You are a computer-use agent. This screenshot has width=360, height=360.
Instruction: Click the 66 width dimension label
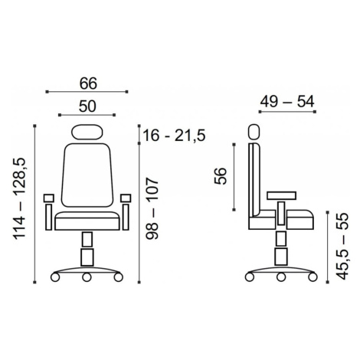(88, 83)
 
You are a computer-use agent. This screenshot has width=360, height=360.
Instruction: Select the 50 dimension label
(87, 106)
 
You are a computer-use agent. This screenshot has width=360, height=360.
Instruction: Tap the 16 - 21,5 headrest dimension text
(174, 135)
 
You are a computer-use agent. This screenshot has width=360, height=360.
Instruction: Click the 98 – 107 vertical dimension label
(152, 208)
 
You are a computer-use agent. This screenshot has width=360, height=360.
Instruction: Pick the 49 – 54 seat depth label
(287, 102)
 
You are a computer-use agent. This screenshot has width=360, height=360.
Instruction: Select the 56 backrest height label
(221, 175)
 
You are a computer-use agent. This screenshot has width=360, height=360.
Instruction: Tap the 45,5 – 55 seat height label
(342, 246)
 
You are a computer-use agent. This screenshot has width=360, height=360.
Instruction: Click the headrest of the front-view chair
(87, 132)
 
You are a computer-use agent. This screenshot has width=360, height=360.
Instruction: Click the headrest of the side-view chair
(254, 132)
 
